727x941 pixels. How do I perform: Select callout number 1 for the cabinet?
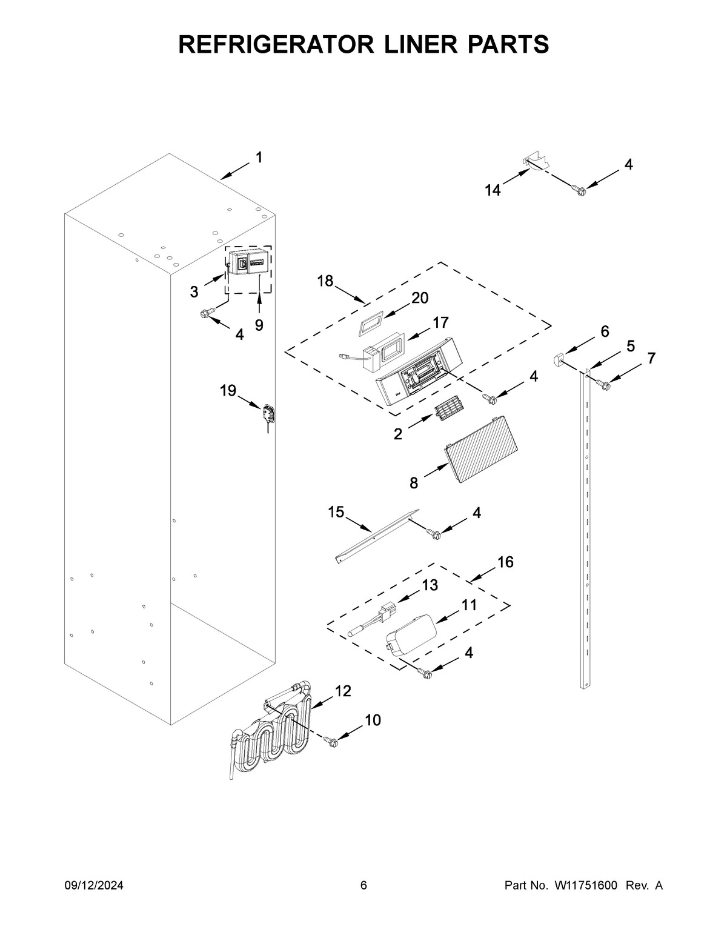coord(259,158)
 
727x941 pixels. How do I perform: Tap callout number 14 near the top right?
coord(493,190)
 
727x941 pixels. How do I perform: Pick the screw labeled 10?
coord(331,740)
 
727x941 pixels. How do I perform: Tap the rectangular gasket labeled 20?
coord(370,323)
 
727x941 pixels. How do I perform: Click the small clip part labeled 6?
coord(558,361)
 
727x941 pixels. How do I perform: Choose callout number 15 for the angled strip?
coord(336,512)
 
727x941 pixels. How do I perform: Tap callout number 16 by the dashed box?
coord(505,562)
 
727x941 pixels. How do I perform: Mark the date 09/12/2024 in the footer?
coord(94,886)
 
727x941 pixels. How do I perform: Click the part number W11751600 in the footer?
coord(585,886)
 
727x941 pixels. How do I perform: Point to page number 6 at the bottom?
coord(363,886)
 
